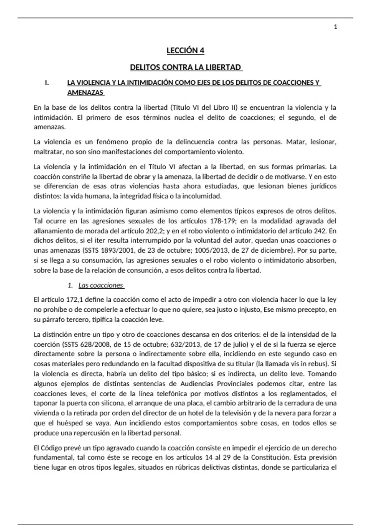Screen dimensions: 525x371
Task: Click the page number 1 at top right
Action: [335, 27]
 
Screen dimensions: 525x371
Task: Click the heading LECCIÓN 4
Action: [185, 51]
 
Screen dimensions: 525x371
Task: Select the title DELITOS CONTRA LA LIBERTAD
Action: [185, 67]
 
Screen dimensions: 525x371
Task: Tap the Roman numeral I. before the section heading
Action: [47, 83]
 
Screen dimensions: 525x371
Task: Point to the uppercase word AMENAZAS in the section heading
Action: [85, 93]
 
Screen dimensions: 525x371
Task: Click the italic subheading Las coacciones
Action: [101, 285]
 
